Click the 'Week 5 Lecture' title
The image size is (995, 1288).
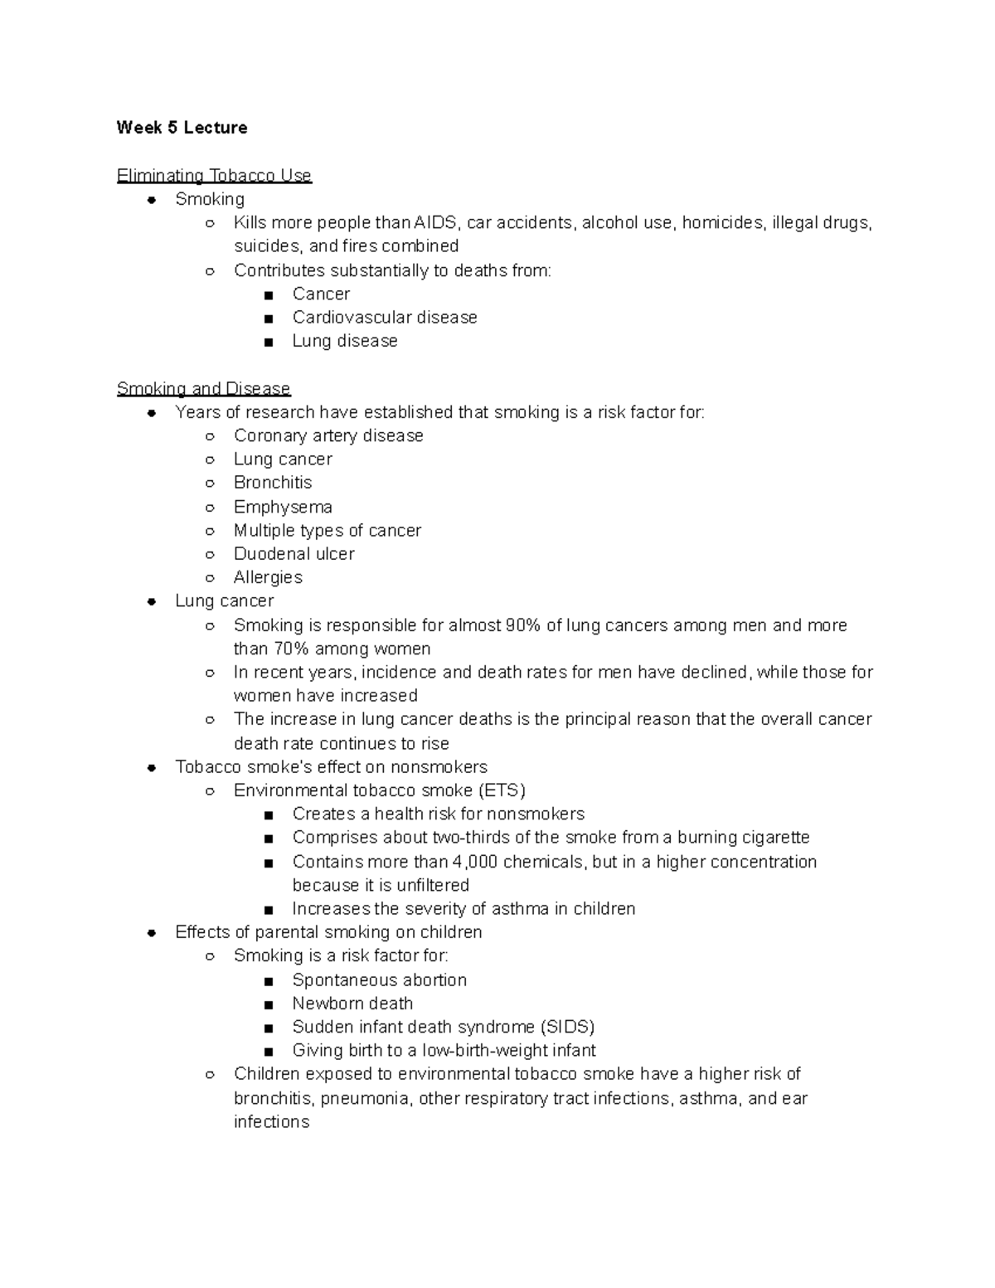coord(182,128)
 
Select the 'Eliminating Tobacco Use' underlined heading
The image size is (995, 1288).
coord(214,176)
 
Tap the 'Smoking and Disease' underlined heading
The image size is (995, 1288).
coord(203,389)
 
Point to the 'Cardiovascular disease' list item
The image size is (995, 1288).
coord(385,318)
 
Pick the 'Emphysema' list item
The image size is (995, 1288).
coord(283,507)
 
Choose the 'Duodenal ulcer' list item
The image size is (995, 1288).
coord(294,554)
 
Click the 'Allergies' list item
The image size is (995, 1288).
coord(268,577)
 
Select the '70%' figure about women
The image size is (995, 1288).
coord(291,649)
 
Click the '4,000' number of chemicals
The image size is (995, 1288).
coord(475,862)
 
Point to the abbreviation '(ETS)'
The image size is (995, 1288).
coord(502,790)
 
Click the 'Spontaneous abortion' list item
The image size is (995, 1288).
coord(379,980)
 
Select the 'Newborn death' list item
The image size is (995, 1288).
coord(352,1004)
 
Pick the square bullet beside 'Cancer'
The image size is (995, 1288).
coord(268,295)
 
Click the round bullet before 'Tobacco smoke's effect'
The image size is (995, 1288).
coord(152,768)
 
